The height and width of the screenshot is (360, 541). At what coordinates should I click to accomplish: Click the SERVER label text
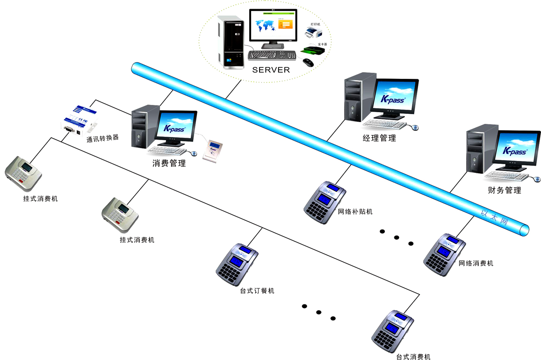(x=270, y=70)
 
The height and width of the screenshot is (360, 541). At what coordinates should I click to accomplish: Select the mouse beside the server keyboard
(x=308, y=62)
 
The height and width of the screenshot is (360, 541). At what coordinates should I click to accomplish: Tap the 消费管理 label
(x=169, y=163)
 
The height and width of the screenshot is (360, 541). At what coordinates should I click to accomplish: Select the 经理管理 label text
(x=379, y=138)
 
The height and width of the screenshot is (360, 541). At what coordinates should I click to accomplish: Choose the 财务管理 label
(x=504, y=190)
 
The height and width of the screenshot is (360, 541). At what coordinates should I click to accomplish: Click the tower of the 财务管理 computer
(x=482, y=149)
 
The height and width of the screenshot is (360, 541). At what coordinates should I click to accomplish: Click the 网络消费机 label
(x=476, y=263)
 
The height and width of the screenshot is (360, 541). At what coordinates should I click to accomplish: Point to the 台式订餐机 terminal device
(x=237, y=266)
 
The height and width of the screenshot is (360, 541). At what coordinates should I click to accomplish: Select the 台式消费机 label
(x=413, y=356)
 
